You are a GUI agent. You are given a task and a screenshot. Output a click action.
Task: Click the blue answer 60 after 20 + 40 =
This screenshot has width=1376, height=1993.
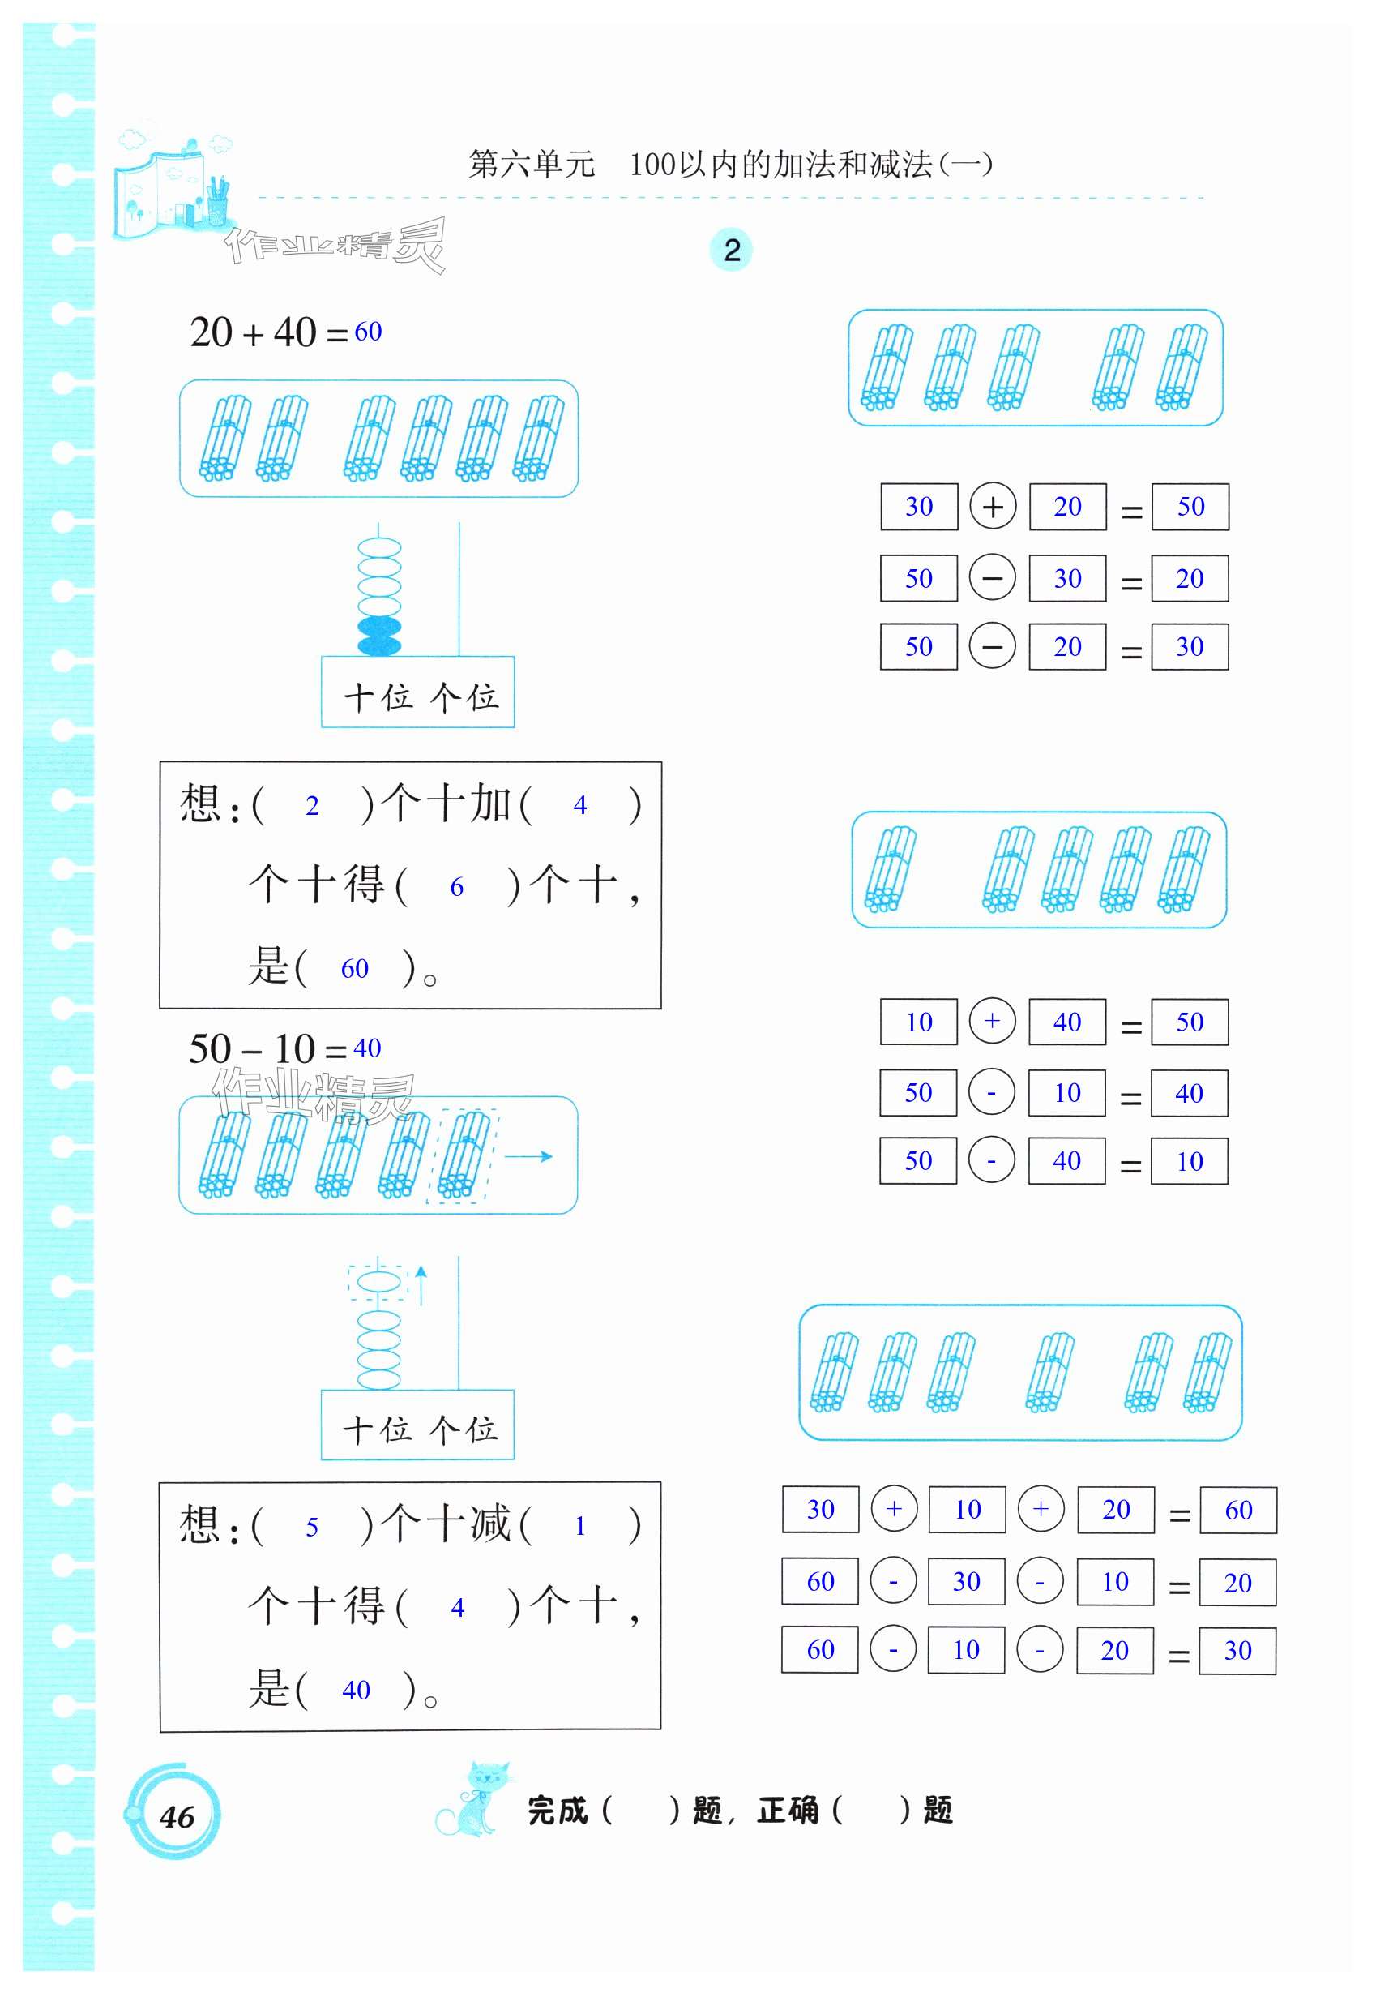pos(368,331)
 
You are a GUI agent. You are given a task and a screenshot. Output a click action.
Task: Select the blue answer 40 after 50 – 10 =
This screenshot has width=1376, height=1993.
pos(367,1048)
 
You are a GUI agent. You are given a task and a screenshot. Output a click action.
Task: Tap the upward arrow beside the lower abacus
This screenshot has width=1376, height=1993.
pos(421,1285)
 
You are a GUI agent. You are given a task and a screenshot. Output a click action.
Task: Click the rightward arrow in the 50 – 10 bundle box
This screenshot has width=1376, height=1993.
pos(528,1156)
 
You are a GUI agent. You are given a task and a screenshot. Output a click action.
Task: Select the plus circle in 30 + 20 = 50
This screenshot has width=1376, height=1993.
pos(993,506)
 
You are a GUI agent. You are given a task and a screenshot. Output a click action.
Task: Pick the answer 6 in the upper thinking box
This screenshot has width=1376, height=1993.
pos(457,887)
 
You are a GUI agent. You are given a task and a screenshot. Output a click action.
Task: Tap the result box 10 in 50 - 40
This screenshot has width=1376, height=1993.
pos(1190,1162)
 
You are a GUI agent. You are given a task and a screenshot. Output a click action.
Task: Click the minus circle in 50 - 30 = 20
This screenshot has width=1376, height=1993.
pos(993,578)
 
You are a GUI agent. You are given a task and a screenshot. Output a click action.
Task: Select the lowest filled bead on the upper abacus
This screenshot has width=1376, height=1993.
pos(378,645)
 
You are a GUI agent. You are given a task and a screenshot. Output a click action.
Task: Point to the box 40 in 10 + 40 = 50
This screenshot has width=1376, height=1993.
pos(1066,1022)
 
